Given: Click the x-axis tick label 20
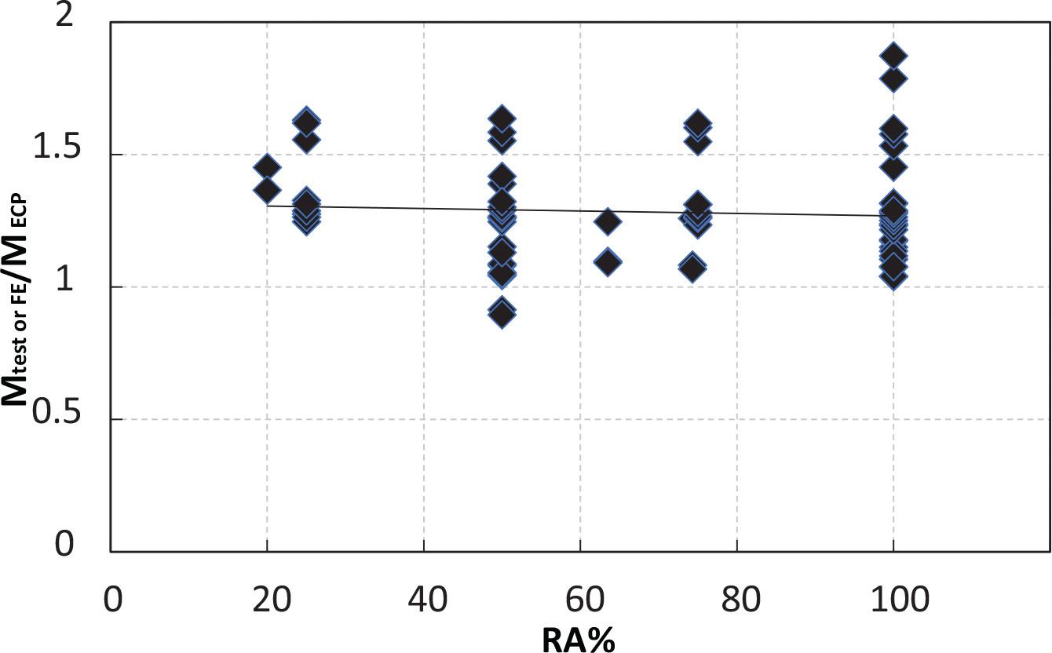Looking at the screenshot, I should pyautogui.click(x=267, y=602).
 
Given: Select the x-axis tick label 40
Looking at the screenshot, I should pyautogui.click(x=424, y=602).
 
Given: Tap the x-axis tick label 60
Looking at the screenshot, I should pyautogui.click(x=581, y=602).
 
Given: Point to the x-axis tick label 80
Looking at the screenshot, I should pyautogui.click(x=737, y=602).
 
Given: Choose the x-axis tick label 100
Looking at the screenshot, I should pyautogui.click(x=893, y=602).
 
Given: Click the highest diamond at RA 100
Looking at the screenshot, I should pyautogui.click(x=893, y=56).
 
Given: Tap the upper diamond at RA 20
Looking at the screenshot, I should pyautogui.click(x=267, y=166).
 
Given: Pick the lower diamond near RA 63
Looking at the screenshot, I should pyautogui.click(x=607, y=261).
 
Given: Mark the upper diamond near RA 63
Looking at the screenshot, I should pyautogui.click(x=607, y=222).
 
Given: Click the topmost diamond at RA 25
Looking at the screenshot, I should pyautogui.click(x=306, y=121).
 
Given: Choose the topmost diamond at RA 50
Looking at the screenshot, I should pyautogui.click(x=502, y=119).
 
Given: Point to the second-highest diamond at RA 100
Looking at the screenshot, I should pyautogui.click(x=893, y=78).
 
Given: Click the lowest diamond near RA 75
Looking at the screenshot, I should pyautogui.click(x=692, y=268).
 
